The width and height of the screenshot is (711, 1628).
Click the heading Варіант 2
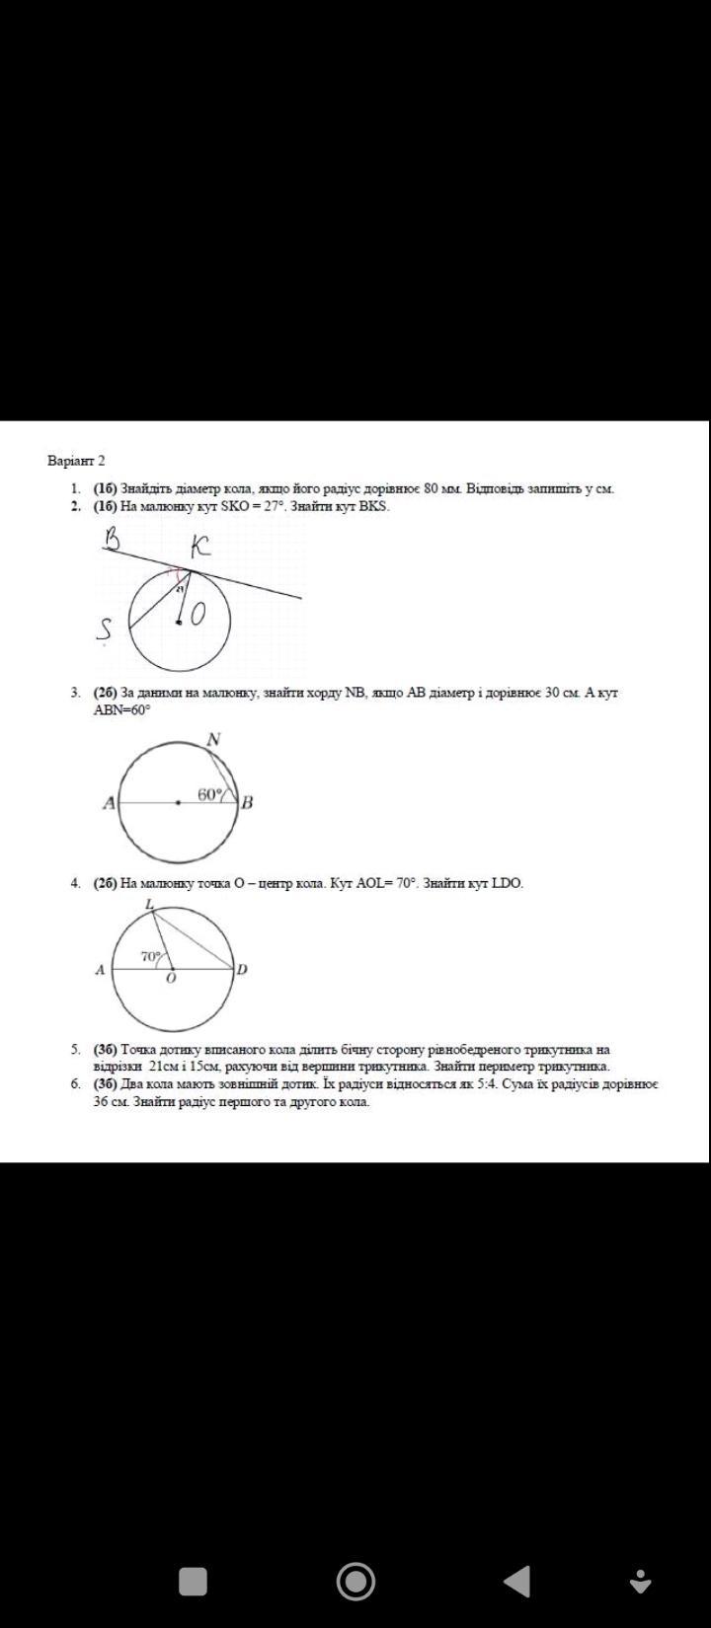click(76, 460)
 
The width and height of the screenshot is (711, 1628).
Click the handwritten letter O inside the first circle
click(197, 615)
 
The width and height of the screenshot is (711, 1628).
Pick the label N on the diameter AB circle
click(212, 738)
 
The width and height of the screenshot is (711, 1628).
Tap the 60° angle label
click(210, 793)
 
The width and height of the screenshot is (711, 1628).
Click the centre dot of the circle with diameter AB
click(178, 803)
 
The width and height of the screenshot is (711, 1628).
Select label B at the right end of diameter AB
click(248, 802)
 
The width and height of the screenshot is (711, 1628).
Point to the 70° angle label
click(150, 956)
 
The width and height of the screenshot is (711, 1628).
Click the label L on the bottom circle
click(149, 904)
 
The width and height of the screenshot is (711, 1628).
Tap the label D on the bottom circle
click(242, 969)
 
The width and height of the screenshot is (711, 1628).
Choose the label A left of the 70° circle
click(100, 969)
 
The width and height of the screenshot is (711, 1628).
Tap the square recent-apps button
click(193, 1581)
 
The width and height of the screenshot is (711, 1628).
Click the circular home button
click(355, 1581)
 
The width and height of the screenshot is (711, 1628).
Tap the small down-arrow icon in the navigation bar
click(641, 1581)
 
